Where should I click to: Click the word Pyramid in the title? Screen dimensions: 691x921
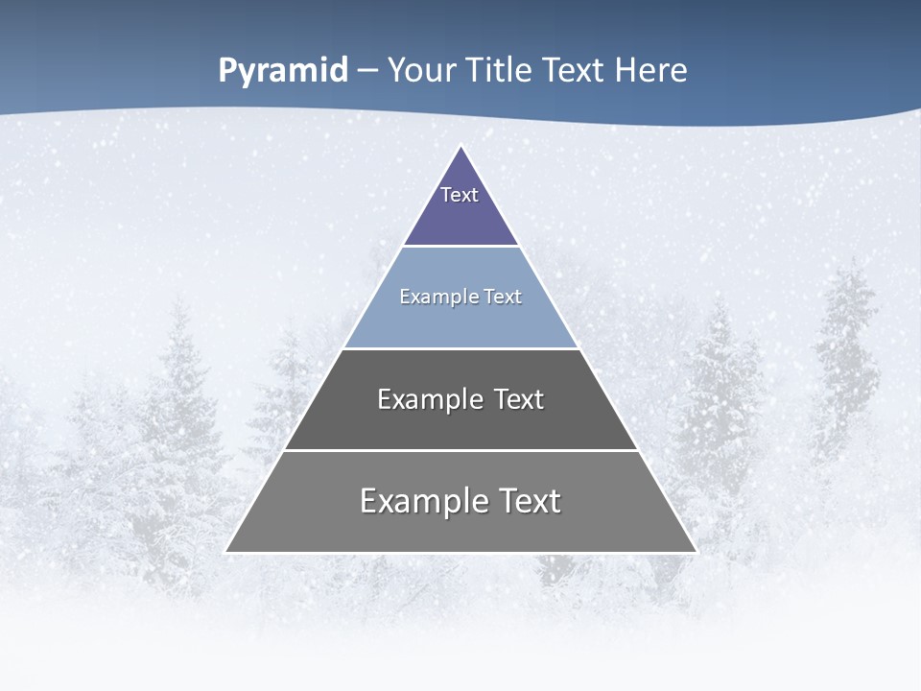coord(283,71)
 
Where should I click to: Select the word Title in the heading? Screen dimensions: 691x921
coord(499,71)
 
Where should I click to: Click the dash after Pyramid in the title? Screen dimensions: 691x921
coord(367,71)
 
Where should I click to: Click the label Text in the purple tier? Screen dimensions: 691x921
coord(460,195)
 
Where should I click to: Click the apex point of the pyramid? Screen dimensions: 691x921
coord(461,147)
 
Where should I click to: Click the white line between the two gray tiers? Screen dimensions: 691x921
coord(460,450)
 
